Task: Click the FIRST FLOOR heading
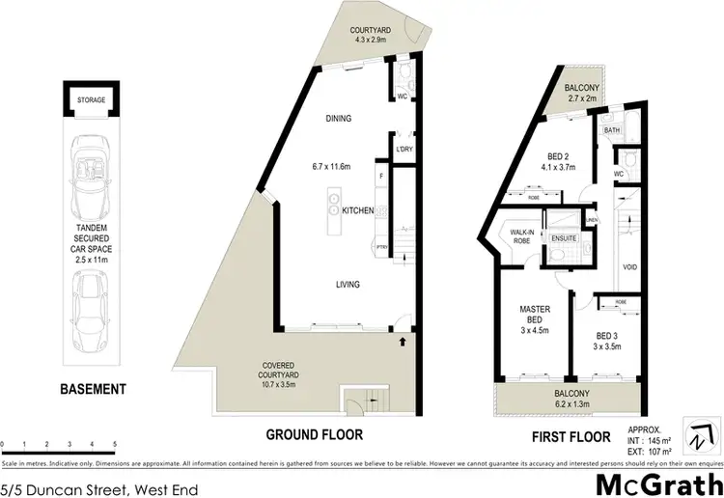(571, 436)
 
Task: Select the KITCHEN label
(358, 209)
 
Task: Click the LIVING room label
(348, 285)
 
